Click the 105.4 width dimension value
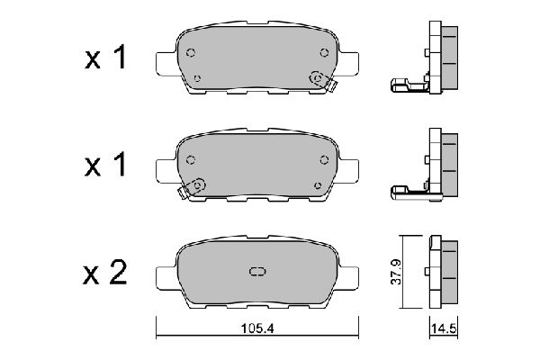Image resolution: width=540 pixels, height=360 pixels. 257,328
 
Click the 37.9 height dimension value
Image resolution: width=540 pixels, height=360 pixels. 396,272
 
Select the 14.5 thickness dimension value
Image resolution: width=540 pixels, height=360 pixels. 444,328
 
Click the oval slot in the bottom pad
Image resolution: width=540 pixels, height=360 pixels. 257,272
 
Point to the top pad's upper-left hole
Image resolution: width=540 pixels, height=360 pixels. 191,53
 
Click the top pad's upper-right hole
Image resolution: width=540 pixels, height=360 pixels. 324,53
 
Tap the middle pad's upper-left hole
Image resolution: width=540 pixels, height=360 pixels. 191,160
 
